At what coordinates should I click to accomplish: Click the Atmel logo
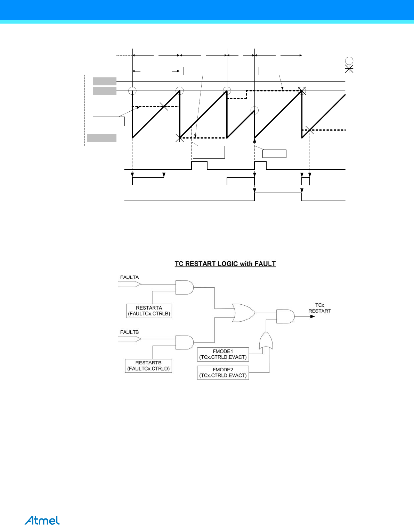(42, 520)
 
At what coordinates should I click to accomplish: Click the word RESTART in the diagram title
(200, 264)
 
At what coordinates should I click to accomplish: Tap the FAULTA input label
(129, 277)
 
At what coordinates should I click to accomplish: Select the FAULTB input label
(129, 332)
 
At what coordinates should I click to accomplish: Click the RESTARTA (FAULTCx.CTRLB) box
(149, 311)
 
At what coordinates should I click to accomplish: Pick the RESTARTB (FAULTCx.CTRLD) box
(148, 366)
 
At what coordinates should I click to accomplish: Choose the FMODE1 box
(223, 354)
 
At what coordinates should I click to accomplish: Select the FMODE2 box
(223, 373)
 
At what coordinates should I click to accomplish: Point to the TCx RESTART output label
(319, 308)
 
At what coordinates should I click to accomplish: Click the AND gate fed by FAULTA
(184, 287)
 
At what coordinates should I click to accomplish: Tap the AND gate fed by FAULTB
(184, 342)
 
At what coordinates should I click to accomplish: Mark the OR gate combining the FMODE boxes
(266, 341)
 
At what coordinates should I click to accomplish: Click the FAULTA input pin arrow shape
(129, 284)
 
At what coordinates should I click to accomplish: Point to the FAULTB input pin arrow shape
(129, 339)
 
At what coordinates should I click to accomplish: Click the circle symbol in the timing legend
(349, 61)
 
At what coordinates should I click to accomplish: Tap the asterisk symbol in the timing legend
(349, 69)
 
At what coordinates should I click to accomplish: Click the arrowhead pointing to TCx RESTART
(312, 316)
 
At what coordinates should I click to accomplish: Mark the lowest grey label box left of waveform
(102, 138)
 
